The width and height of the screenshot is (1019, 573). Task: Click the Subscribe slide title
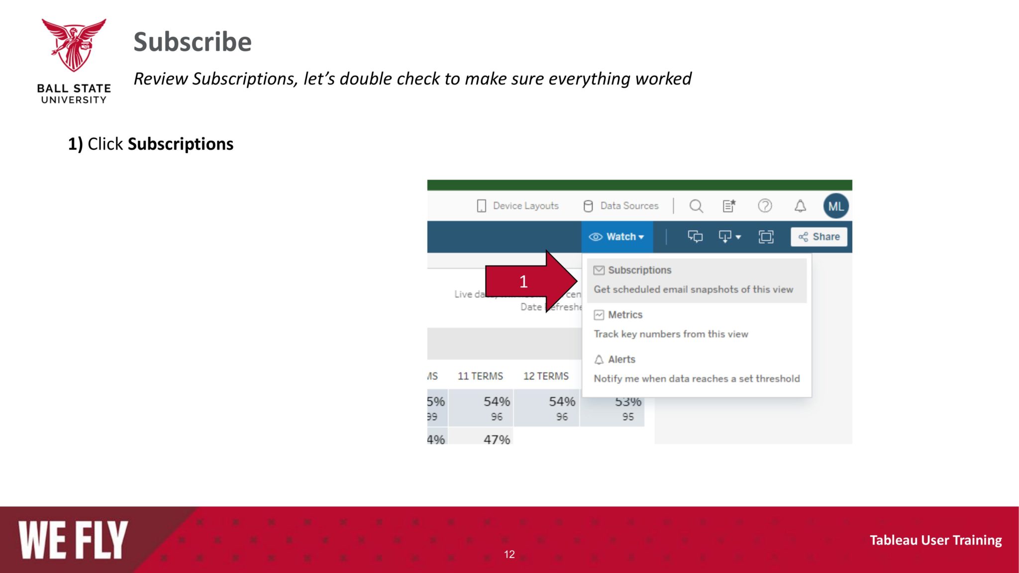(x=193, y=42)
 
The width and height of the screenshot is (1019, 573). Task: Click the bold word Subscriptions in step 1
(x=180, y=144)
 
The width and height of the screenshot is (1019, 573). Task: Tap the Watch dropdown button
(x=616, y=237)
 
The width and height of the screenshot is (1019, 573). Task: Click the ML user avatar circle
(x=836, y=206)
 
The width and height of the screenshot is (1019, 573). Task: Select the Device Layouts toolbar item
(x=518, y=206)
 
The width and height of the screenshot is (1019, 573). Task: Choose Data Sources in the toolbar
(x=621, y=206)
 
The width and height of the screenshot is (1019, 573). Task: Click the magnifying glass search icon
(x=696, y=206)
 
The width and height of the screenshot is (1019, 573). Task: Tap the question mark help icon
(x=765, y=206)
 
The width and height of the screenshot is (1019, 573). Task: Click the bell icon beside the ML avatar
(x=800, y=206)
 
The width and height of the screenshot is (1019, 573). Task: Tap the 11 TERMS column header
(x=480, y=376)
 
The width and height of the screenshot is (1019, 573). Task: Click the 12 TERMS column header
(x=546, y=376)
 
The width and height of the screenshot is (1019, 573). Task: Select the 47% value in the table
(x=497, y=439)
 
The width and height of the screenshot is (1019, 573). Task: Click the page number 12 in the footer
(x=509, y=554)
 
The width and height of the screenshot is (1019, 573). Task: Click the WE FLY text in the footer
(x=74, y=540)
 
